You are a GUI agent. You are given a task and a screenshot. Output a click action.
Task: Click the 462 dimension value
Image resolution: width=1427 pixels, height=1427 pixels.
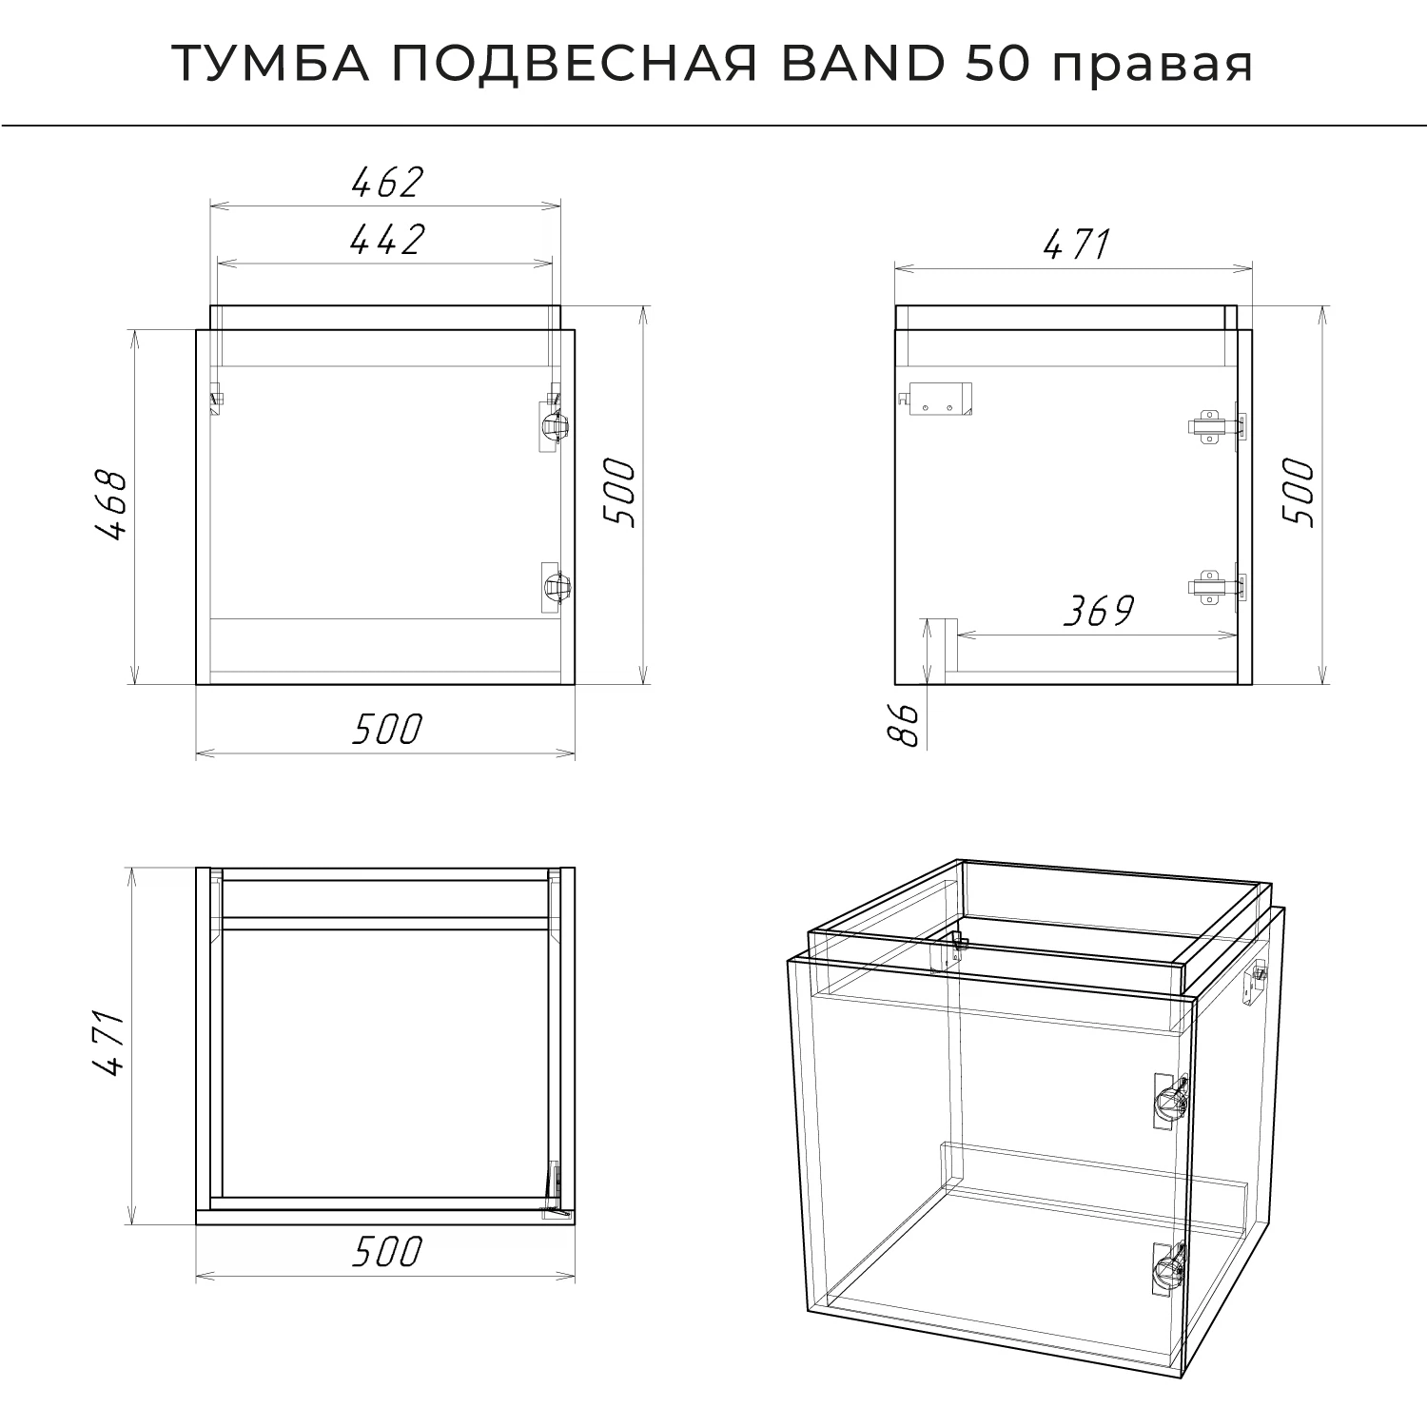point(386,182)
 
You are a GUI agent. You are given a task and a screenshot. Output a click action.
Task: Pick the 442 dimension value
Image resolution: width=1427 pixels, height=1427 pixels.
point(386,240)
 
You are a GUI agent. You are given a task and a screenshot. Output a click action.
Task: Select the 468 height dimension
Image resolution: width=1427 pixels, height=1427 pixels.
point(111,505)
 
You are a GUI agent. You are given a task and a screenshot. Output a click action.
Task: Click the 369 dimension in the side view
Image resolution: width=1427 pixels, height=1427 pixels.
point(1098,612)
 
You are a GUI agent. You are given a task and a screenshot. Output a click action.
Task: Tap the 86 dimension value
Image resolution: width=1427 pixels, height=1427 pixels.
point(907,725)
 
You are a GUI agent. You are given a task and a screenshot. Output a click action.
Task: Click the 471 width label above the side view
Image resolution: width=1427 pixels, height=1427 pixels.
point(1077,245)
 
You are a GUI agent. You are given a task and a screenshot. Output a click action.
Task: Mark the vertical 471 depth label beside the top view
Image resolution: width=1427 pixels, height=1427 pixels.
point(111,1044)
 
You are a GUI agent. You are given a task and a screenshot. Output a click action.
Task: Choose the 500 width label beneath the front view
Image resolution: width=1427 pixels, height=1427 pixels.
point(386,730)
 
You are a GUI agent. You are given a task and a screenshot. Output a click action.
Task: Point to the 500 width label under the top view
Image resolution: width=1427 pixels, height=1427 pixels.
point(386,1253)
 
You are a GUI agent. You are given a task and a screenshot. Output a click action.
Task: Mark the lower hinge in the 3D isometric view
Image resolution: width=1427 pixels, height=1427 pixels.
point(1169,1268)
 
